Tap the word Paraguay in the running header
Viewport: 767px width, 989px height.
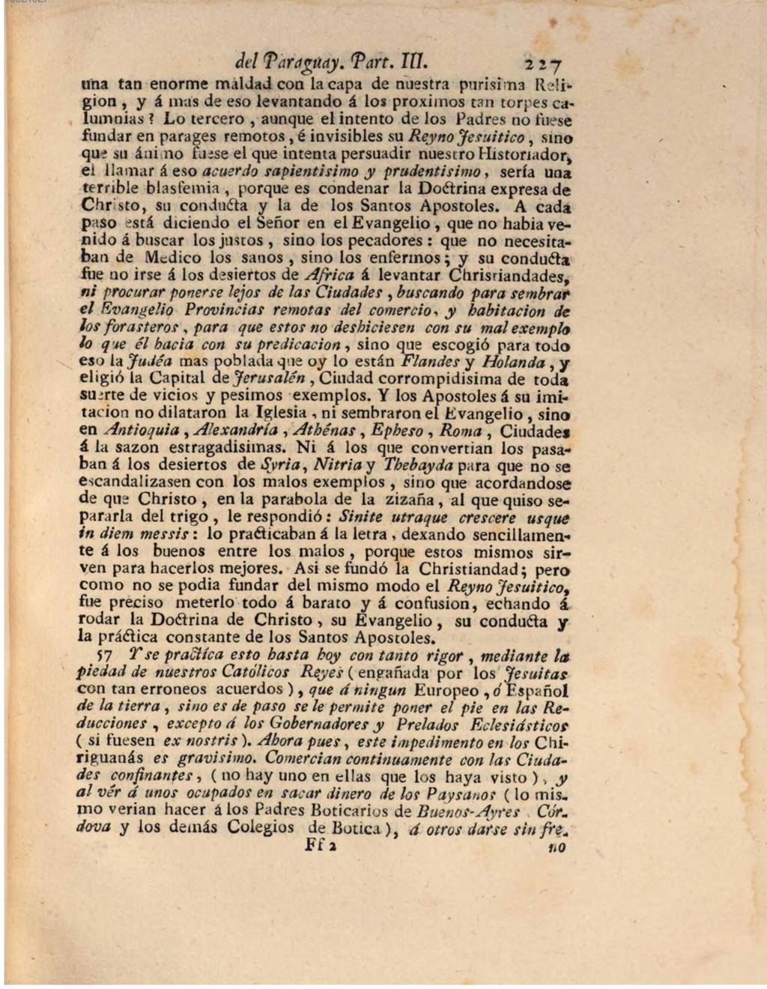coord(298,61)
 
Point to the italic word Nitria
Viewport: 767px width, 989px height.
coord(338,465)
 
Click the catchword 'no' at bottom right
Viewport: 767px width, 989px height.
coord(556,847)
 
